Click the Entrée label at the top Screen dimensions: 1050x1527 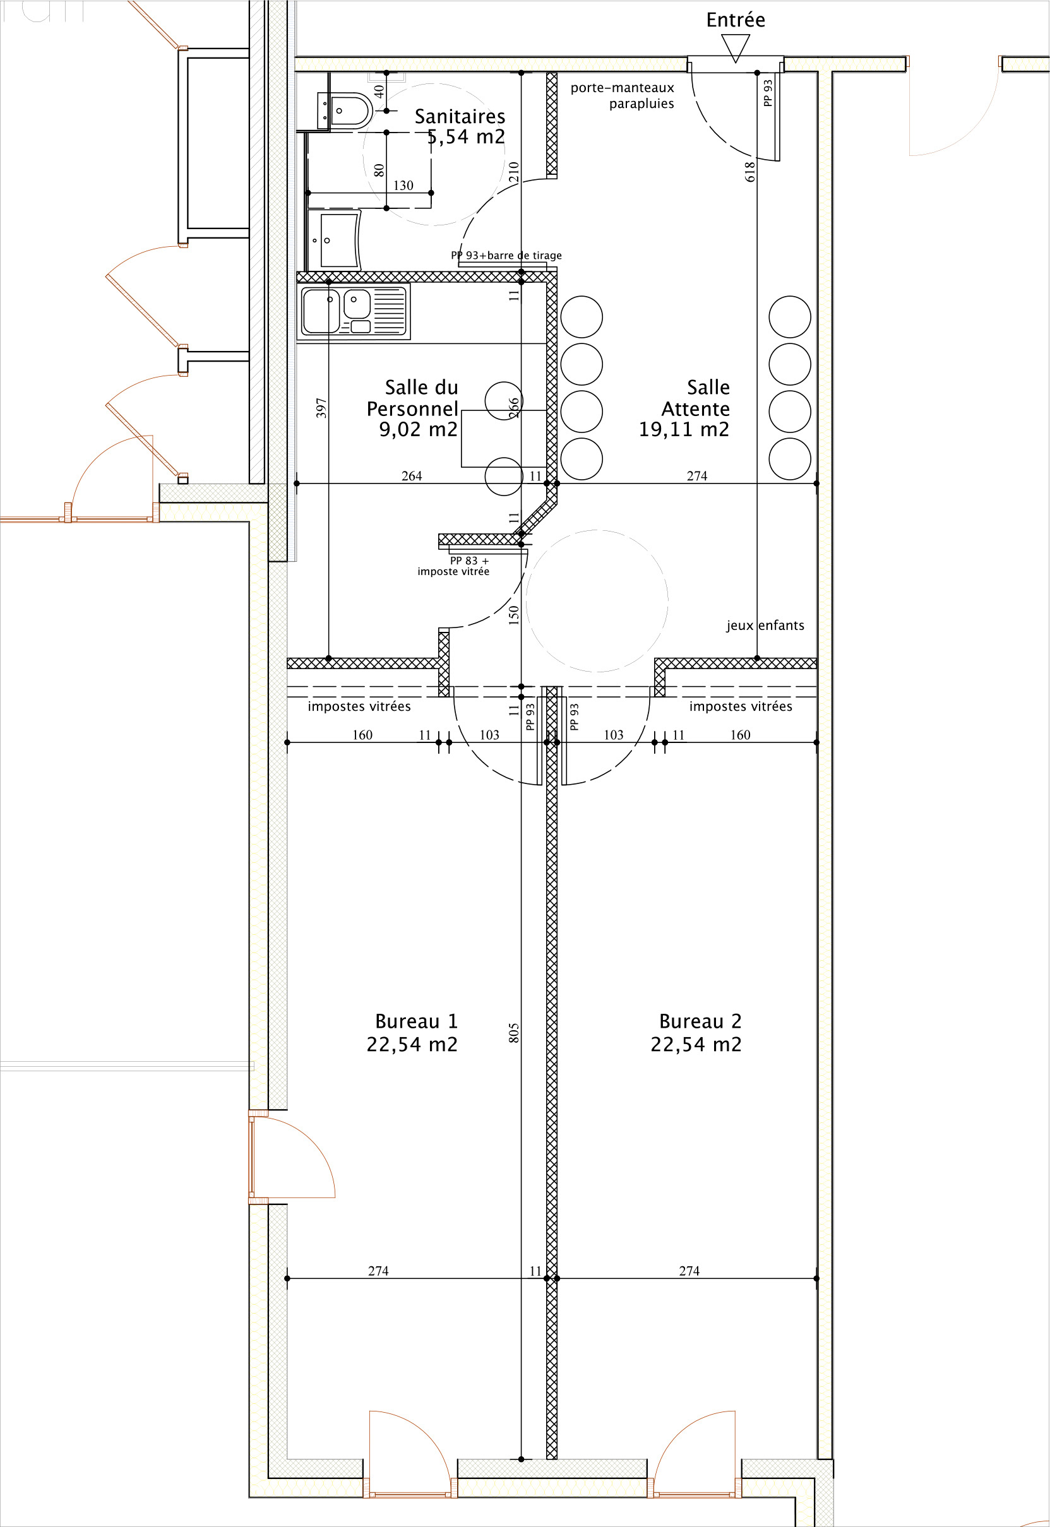(x=736, y=20)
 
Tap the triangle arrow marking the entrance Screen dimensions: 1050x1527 (x=736, y=48)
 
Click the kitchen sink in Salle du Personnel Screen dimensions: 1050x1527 (x=354, y=311)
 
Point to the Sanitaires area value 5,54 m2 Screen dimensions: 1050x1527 (x=466, y=137)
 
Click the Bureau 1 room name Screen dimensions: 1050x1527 (x=416, y=1021)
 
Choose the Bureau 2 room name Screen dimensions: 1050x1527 (x=700, y=1021)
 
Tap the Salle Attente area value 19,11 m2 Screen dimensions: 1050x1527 (x=684, y=429)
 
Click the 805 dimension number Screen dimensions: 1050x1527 (x=514, y=1033)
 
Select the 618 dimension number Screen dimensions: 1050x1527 (x=749, y=172)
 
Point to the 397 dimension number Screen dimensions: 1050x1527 (x=321, y=408)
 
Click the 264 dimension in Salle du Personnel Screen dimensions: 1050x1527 (x=412, y=475)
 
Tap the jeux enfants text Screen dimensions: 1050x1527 (x=765, y=626)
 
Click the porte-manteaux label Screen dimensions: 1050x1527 (x=623, y=88)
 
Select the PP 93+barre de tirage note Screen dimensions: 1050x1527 (x=506, y=255)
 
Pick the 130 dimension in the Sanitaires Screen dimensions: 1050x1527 (x=403, y=186)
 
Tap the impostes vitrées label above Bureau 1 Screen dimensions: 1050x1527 (x=359, y=706)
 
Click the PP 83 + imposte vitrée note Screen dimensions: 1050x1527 (x=453, y=566)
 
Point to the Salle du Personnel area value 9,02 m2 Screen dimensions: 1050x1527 (x=418, y=429)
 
